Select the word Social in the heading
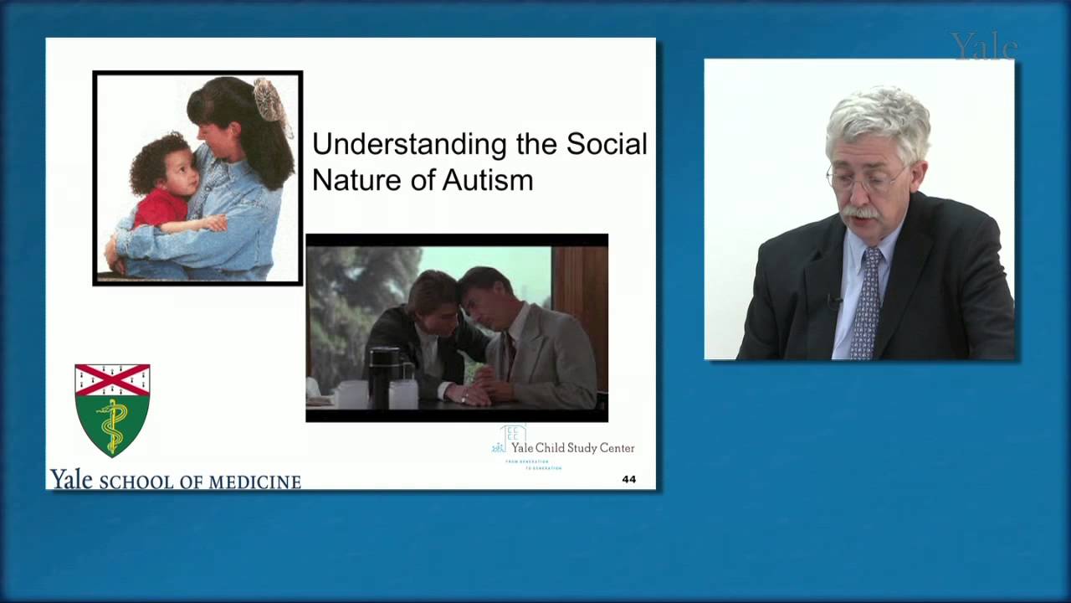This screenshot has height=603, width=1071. pos(607,144)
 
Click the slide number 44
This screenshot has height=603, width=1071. pos(629,479)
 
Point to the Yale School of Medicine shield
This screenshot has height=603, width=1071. pos(112,410)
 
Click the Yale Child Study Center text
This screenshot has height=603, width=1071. pos(572,448)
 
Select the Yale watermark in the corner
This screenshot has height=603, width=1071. pos(983,47)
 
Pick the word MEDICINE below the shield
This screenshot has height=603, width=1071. pos(254,482)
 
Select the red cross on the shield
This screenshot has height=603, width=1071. pos(112,380)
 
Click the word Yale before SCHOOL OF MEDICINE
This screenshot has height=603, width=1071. pos(71,480)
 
